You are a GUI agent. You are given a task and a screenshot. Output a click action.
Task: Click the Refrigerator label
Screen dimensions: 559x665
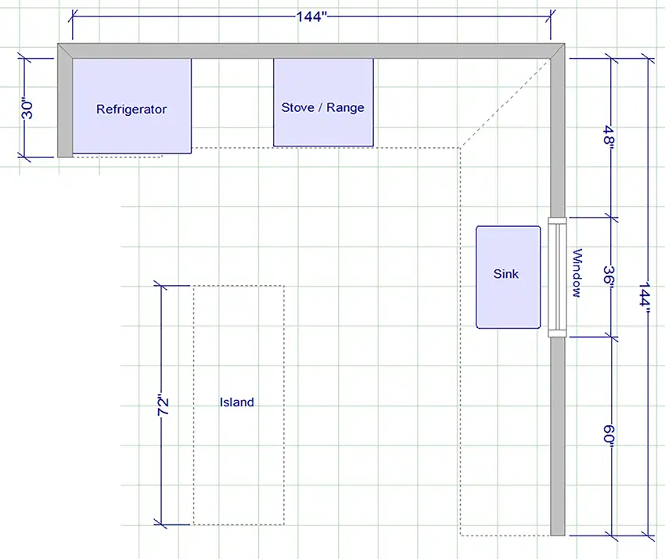tap(131, 110)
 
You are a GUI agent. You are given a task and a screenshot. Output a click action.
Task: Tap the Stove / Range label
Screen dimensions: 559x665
tap(322, 107)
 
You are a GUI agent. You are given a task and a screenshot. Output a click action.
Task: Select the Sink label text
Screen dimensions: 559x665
tap(506, 274)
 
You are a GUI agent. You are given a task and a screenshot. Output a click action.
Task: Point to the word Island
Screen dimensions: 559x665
tap(237, 402)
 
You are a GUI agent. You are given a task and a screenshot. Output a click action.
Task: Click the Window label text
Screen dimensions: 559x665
tap(577, 273)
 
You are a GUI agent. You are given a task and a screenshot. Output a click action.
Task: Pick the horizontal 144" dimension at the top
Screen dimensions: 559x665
tap(311, 17)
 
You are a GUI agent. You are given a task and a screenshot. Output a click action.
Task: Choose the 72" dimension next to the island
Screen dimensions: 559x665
tap(163, 404)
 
